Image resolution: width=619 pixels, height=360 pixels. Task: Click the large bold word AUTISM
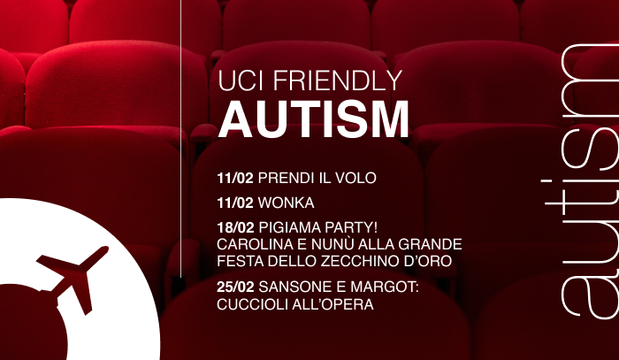click(x=313, y=119)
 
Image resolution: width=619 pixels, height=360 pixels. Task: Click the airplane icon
click(x=73, y=279)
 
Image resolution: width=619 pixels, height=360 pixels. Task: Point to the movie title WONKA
click(x=287, y=203)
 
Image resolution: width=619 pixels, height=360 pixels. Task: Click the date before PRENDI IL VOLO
click(x=235, y=178)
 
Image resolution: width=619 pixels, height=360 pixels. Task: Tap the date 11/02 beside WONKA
click(x=235, y=203)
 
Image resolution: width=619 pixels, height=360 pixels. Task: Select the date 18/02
click(x=236, y=227)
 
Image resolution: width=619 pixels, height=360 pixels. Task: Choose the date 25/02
click(x=236, y=287)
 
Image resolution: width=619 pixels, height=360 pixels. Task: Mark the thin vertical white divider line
click(x=180, y=139)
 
